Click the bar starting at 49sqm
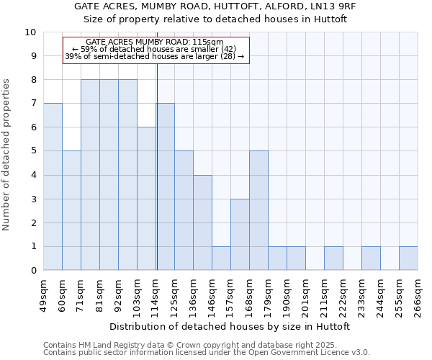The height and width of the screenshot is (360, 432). [x=53, y=186]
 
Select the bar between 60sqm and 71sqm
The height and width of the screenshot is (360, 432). [x=71, y=210]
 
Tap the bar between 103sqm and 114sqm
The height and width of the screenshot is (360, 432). [x=146, y=199]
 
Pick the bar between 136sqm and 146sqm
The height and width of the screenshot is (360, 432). [x=202, y=222]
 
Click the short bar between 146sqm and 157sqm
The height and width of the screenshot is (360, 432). [x=221, y=258]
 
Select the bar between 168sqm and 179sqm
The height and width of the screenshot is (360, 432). [x=258, y=210]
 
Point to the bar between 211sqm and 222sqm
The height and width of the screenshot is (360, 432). [x=333, y=258]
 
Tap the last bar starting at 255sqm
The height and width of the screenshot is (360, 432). [x=408, y=258]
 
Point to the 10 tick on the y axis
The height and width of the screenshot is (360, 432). [x=30, y=32]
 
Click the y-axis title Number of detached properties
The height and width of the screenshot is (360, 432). [x=7, y=156]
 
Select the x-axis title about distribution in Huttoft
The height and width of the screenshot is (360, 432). [x=230, y=327]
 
